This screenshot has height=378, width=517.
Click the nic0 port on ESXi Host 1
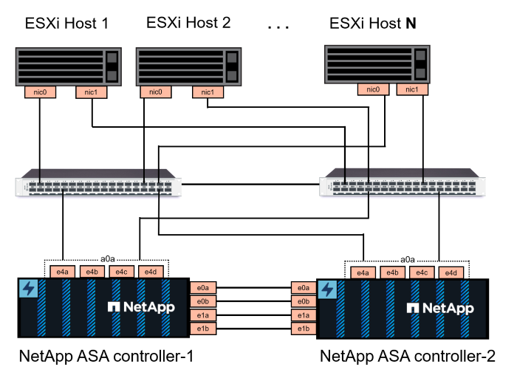35,92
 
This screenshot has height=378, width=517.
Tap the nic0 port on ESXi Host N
373,89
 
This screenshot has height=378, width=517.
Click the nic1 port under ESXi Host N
412,89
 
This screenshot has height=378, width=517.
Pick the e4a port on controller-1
62,272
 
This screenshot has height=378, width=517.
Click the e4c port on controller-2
421,273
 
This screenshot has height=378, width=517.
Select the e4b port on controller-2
391,273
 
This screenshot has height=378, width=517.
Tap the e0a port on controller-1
202,288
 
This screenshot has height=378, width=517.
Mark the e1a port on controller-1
202,315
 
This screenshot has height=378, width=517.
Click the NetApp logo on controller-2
436,306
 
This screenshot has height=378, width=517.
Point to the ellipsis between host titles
278,28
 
